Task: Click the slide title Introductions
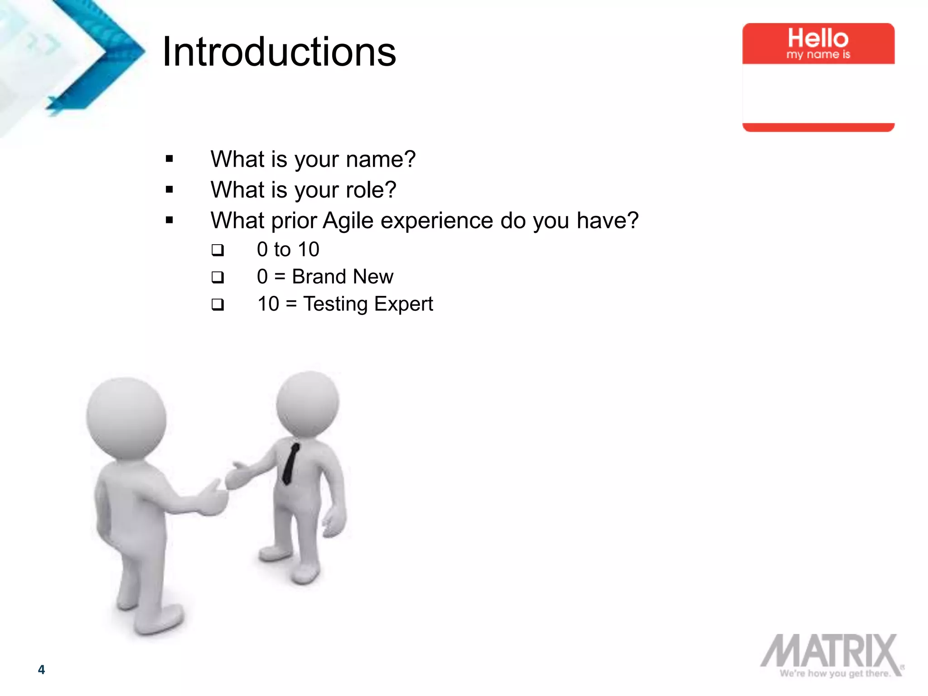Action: click(279, 52)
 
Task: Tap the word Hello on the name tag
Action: click(818, 38)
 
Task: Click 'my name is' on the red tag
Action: click(818, 55)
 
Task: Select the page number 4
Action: click(41, 669)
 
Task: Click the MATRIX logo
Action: click(830, 651)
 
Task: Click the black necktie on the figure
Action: click(290, 463)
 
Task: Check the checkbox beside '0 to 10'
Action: click(218, 250)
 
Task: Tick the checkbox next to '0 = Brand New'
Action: click(218, 277)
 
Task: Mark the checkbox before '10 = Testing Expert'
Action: click(218, 304)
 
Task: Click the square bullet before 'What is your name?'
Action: click(169, 159)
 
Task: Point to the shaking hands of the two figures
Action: click(224, 492)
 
